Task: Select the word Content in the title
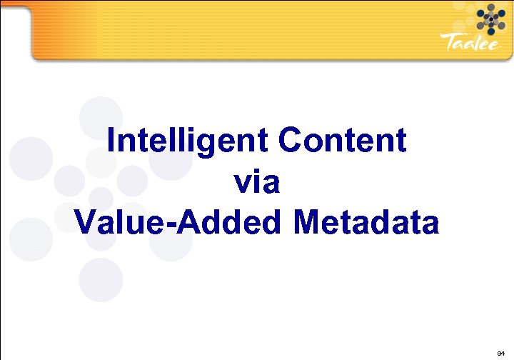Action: (x=343, y=140)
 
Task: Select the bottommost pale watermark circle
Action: (x=99, y=279)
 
